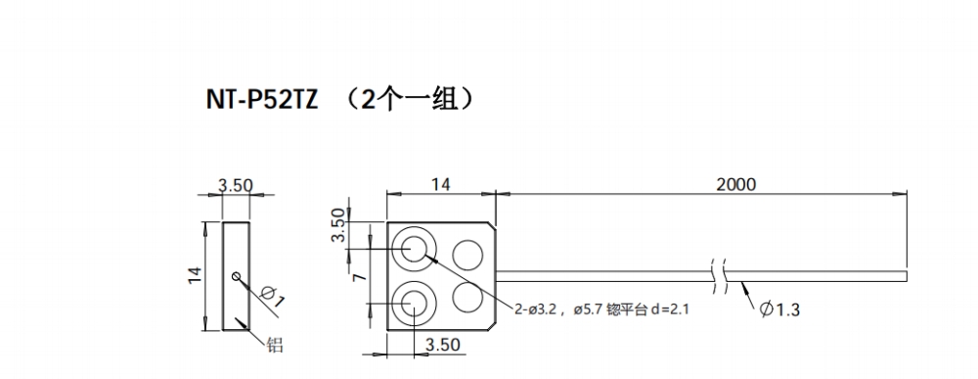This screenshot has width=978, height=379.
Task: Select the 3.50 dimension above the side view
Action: point(236,184)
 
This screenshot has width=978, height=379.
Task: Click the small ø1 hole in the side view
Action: point(236,276)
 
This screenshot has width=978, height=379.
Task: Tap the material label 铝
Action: point(275,344)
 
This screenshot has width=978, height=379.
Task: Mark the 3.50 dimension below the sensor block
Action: point(442,345)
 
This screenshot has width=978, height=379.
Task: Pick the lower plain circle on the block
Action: point(467,295)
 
